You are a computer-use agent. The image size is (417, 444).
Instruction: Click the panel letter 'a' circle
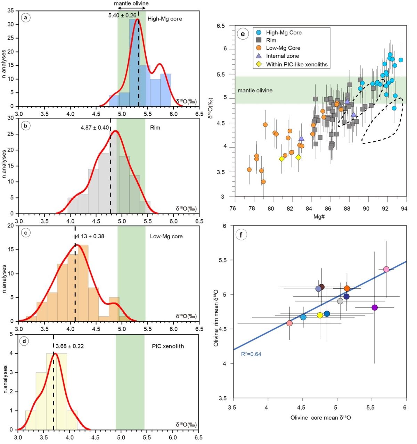(25, 17)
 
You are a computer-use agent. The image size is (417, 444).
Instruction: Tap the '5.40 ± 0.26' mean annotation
(122, 16)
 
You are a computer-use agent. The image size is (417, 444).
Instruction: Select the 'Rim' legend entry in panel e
(271, 40)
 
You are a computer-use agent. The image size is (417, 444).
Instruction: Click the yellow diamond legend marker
(259, 64)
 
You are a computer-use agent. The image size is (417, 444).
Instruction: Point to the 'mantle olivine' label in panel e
(255, 90)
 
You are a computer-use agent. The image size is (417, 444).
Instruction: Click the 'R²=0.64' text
(251, 354)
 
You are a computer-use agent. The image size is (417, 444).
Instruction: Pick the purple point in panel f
(375, 307)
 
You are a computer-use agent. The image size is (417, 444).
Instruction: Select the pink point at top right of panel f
(386, 269)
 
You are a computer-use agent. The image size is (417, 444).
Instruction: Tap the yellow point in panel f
(320, 315)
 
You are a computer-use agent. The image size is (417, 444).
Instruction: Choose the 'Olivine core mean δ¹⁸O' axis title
(320, 418)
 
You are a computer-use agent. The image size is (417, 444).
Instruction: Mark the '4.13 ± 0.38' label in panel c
(90, 237)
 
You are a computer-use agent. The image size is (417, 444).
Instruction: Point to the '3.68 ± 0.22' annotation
(69, 346)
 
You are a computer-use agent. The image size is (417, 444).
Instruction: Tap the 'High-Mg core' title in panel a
(165, 19)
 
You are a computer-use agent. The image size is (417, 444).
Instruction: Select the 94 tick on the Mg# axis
(404, 208)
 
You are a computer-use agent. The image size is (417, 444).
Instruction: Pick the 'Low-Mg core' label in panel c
(166, 237)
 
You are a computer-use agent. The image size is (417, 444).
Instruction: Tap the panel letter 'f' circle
(241, 235)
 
